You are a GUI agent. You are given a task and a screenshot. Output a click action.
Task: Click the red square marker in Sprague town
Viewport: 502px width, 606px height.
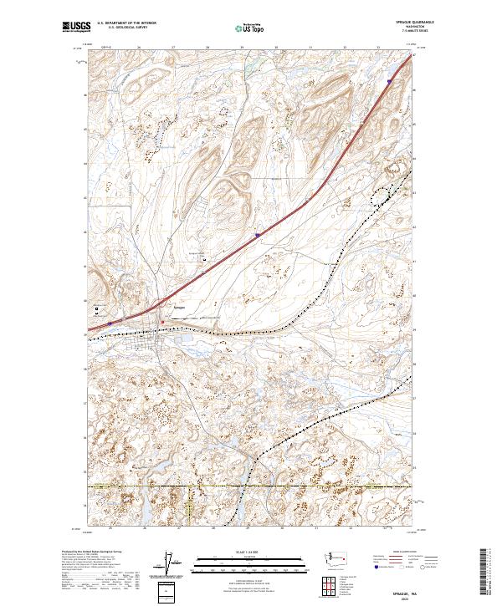(162, 323)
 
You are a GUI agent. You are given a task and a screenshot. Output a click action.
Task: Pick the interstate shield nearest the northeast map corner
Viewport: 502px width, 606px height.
(390, 81)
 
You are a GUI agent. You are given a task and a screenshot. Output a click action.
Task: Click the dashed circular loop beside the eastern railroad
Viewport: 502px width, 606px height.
(383, 196)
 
